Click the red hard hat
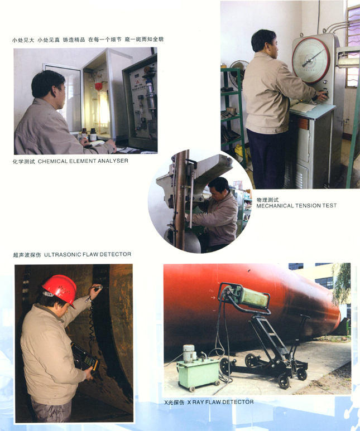point(60,289)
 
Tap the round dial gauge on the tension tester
point(311,60)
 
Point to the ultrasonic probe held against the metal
point(98,288)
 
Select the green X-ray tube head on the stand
point(248,297)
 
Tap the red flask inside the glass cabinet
point(99,86)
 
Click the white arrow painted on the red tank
point(213,297)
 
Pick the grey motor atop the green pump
point(189,353)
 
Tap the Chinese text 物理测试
point(267,200)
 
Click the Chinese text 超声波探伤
point(27,255)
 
